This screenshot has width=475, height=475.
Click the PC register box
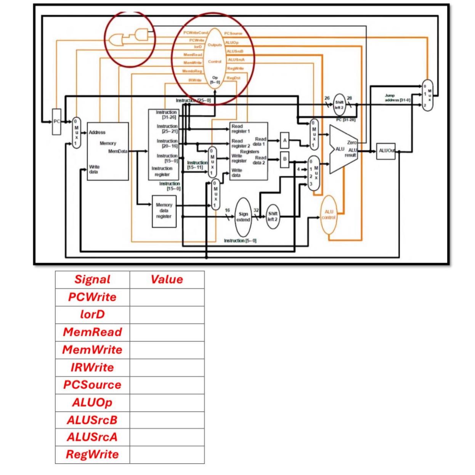coord(56,122)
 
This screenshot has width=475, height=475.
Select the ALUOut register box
coord(385,151)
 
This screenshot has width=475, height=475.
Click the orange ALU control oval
coord(329,215)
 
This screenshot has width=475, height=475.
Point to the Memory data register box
coord(164,211)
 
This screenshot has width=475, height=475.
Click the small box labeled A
coord(284,140)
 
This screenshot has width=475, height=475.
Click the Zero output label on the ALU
coord(351,142)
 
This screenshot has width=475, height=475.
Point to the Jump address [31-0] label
coord(397,98)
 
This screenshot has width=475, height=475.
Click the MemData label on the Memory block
coord(118,151)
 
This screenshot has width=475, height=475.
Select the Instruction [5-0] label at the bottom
coord(240,241)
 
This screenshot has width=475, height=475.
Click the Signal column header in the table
coord(92,279)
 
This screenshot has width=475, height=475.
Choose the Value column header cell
coord(167,279)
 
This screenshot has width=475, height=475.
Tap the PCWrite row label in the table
coord(92,297)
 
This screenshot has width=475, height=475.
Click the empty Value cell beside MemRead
coord(167,332)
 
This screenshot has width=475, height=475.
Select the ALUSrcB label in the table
coord(92,420)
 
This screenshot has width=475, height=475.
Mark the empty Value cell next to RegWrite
coord(167,454)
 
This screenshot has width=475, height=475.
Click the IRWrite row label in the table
coord(92,367)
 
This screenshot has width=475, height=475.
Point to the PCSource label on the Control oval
coord(233,34)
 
